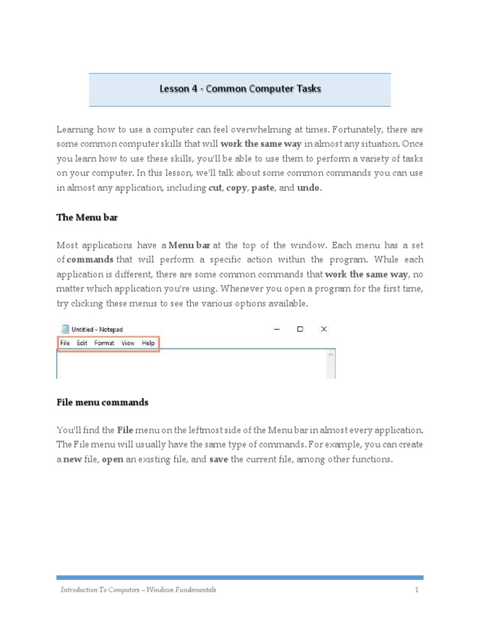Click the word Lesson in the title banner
(172, 89)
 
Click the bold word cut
(215, 188)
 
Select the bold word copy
(237, 188)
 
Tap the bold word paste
(262, 188)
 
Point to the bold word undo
(307, 188)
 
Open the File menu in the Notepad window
(65, 342)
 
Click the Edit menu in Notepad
(82, 342)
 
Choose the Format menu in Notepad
(104, 342)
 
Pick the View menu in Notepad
(127, 342)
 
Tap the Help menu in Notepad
(148, 342)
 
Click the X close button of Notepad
(324, 329)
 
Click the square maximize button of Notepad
(300, 329)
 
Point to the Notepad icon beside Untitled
(64, 329)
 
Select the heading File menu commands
(102, 402)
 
